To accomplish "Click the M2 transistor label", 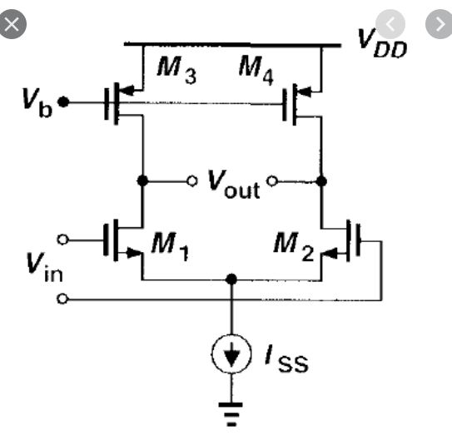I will (x=296, y=245).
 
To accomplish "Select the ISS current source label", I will (x=286, y=359).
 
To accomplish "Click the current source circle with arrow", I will (x=233, y=355).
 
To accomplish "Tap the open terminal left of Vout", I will (x=191, y=180).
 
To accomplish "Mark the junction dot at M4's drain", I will (x=321, y=180).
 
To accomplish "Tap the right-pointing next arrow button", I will (x=437, y=23).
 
